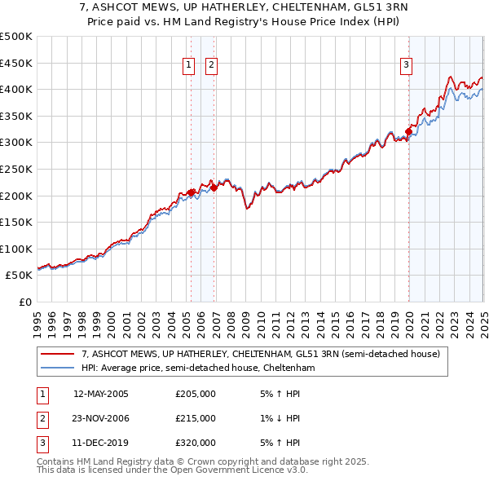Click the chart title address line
point(244,9)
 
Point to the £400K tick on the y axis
point(16,89)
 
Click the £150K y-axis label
point(16,222)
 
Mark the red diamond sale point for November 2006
point(214,188)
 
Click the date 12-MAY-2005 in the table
point(101,395)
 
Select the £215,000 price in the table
point(196,418)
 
